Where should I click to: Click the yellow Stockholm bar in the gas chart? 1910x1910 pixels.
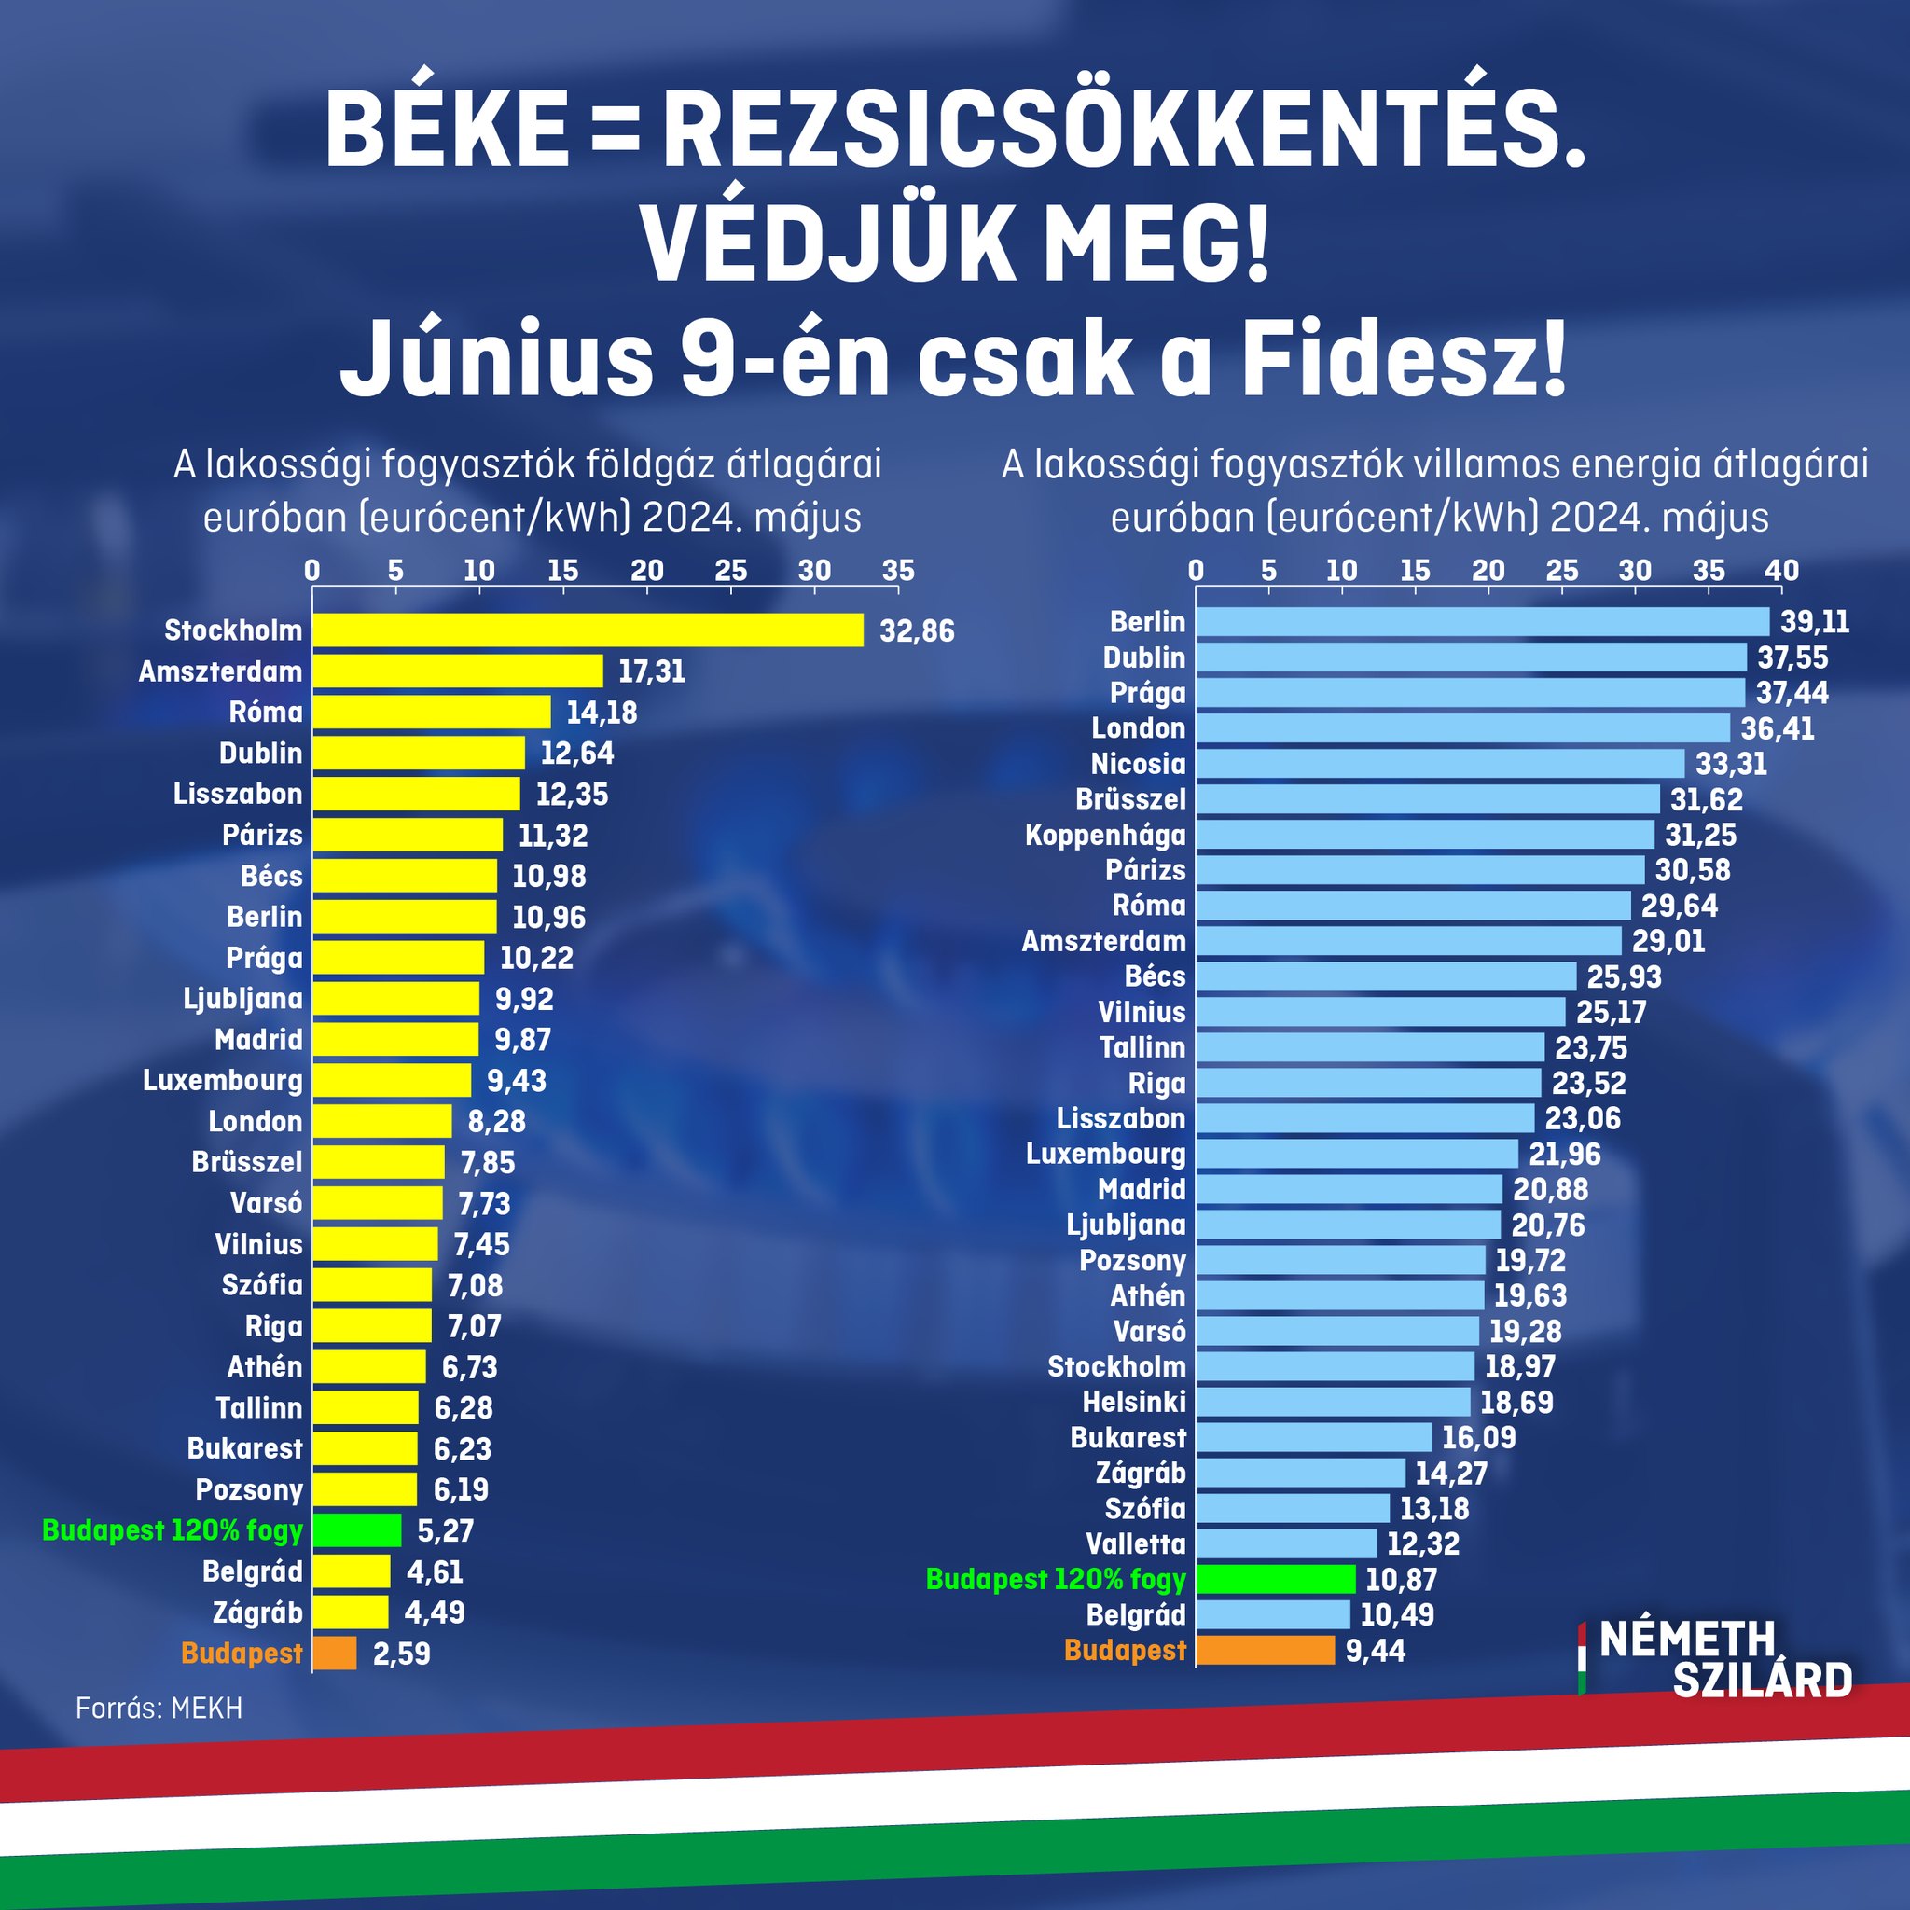coord(588,630)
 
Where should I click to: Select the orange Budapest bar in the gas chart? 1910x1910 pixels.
coord(335,1653)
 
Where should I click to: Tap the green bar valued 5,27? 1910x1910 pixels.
coord(357,1530)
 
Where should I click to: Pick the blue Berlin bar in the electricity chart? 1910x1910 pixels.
coord(1482,622)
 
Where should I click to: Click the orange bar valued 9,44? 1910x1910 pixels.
coord(1265,1650)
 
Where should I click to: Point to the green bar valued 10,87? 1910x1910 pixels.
coord(1275,1579)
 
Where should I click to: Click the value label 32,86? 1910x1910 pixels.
coord(917,630)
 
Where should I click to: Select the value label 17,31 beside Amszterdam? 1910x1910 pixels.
coord(652,672)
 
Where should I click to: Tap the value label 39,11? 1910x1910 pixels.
coord(1814,622)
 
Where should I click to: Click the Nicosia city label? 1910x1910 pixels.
coord(1137,764)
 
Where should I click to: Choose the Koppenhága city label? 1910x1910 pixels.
coord(1104,836)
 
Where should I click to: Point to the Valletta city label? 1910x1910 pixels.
coord(1135,1543)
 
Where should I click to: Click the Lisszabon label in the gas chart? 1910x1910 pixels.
coord(237,794)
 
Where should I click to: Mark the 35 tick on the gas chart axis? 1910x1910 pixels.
coord(898,571)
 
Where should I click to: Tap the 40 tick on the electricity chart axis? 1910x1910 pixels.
coord(1781,571)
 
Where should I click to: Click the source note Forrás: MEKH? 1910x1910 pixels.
coord(159,1709)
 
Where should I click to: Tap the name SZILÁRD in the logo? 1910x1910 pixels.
coord(1763,1680)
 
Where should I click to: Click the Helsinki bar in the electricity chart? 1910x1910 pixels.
coord(1332,1402)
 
